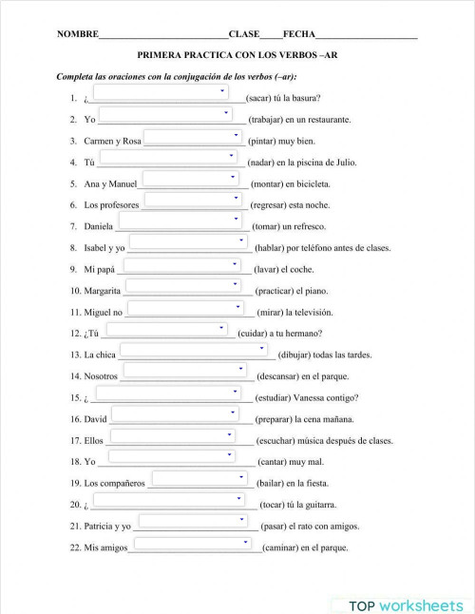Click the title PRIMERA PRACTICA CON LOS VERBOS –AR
[237, 56]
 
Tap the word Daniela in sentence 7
[99, 226]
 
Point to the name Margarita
[103, 290]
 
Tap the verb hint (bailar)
[275, 483]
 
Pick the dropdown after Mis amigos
[193, 543]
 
